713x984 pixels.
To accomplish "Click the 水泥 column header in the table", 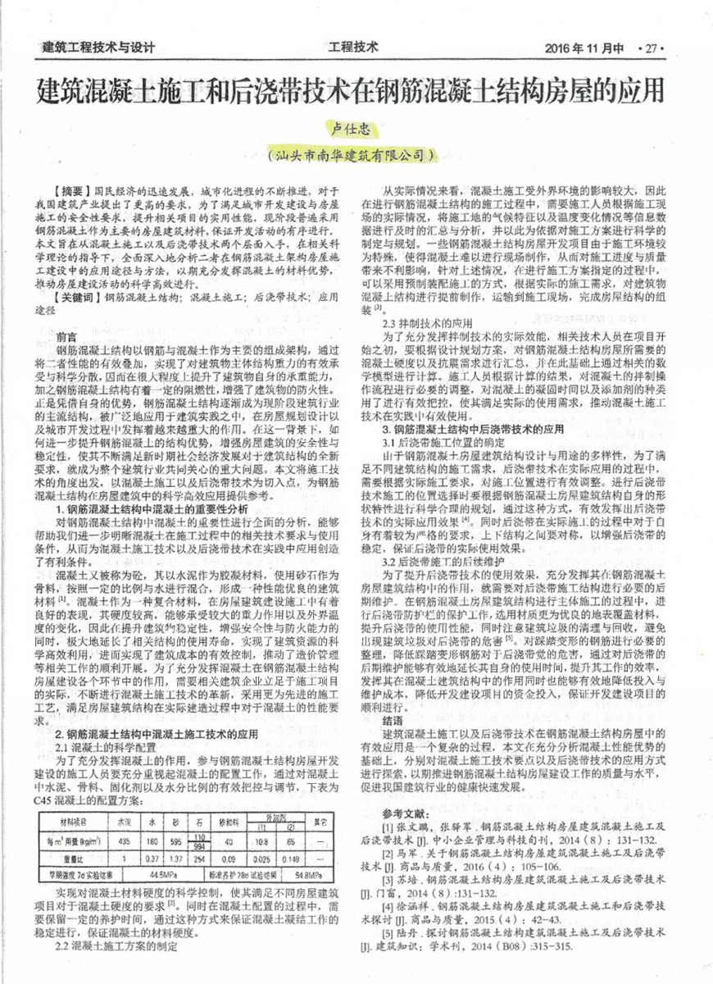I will coord(124,819).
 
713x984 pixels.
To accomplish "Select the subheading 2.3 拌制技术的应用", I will coord(423,322).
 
